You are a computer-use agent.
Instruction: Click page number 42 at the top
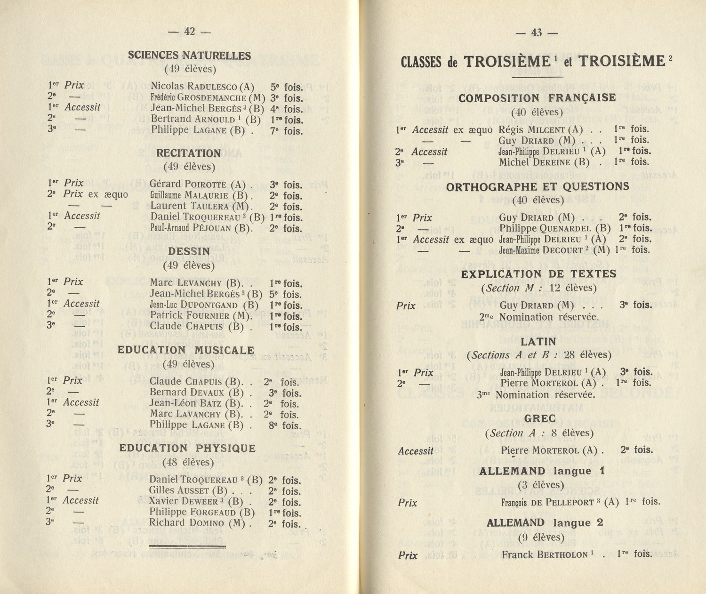click(189, 32)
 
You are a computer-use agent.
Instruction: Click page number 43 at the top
click(537, 32)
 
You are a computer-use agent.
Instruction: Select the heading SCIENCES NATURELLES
click(189, 56)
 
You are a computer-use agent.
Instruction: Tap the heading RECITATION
click(188, 153)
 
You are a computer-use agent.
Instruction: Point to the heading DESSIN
click(189, 252)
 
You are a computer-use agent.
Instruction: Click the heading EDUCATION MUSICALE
click(186, 350)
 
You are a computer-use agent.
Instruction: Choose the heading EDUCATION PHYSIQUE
click(187, 448)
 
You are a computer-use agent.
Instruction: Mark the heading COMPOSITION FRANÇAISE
click(537, 98)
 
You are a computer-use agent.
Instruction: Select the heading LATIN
click(538, 342)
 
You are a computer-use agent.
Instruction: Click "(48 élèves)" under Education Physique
click(188, 462)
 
